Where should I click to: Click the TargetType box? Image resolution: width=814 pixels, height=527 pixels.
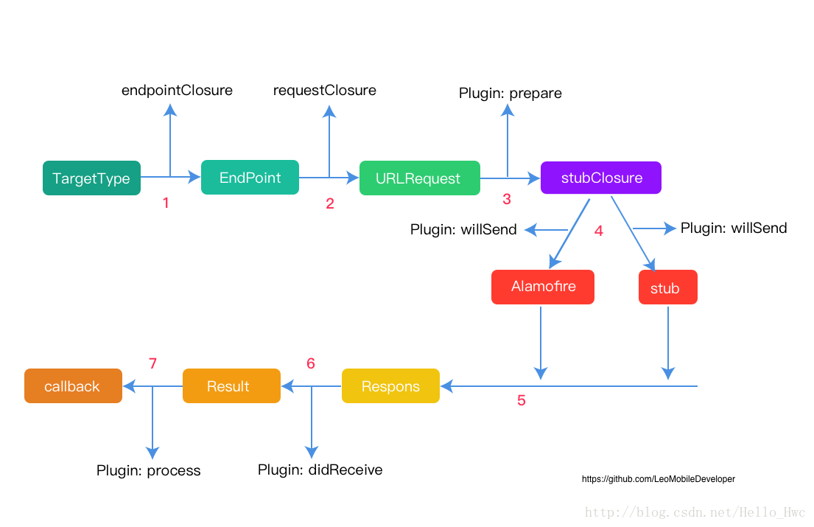(91, 178)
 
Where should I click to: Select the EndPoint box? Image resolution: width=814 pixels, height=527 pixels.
(250, 178)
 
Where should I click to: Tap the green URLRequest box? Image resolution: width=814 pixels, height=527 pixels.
(419, 178)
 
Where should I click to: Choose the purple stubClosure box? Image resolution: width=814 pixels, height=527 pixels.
(600, 178)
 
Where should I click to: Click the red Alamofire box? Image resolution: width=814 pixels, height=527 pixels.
(542, 287)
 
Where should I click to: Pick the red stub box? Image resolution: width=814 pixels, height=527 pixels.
(667, 287)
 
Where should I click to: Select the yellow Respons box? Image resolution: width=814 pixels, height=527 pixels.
(390, 385)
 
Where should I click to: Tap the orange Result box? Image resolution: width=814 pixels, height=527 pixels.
(231, 385)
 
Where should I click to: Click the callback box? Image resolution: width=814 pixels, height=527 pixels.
(73, 385)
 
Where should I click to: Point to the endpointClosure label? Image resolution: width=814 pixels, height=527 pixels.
(177, 91)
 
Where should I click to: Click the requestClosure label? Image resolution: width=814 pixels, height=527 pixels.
(324, 91)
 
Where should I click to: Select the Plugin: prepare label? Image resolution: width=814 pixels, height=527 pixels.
(510, 94)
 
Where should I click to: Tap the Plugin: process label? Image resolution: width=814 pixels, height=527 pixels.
(149, 470)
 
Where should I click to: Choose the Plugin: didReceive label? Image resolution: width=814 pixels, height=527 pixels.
(320, 470)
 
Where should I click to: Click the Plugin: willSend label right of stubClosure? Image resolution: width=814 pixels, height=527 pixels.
(734, 228)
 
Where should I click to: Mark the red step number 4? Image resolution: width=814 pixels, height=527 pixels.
(599, 231)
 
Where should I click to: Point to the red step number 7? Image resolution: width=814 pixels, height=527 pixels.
(152, 363)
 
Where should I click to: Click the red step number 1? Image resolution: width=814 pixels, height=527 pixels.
(166, 203)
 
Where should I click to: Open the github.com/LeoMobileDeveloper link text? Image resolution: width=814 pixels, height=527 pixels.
(659, 478)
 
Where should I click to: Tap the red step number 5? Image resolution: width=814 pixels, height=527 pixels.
(522, 400)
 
